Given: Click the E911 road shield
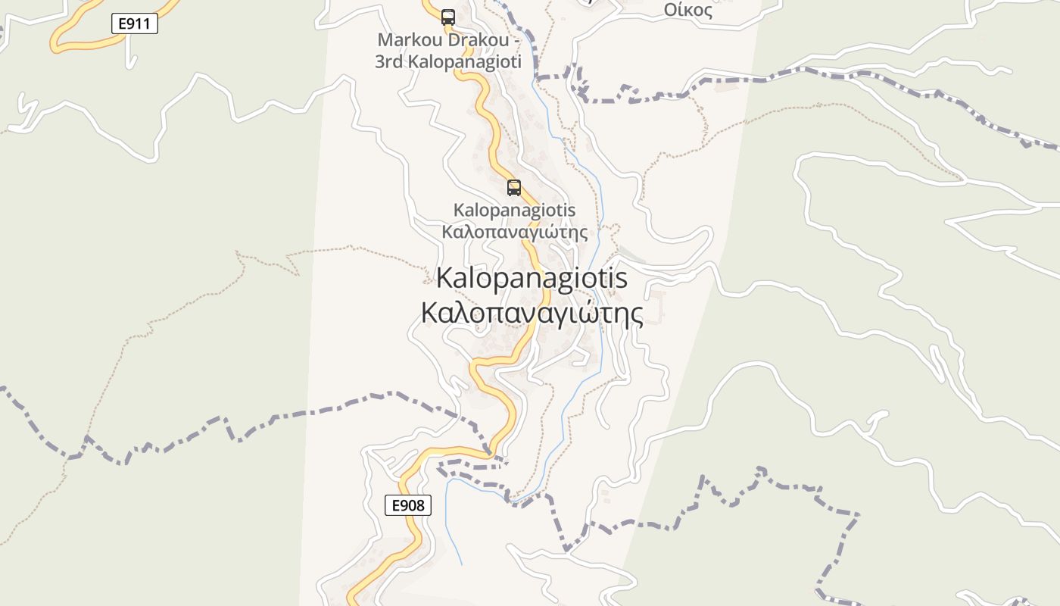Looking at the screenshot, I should (x=136, y=24).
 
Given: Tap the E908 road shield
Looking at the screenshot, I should (x=408, y=505).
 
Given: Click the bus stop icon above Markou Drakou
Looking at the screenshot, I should (x=448, y=17).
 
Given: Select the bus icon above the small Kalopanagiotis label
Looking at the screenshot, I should (x=514, y=187).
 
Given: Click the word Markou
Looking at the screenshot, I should (x=409, y=39).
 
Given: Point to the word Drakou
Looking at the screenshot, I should (x=476, y=39).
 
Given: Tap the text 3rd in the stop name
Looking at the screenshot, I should (x=389, y=62).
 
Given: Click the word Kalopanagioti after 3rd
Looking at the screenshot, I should (x=465, y=62).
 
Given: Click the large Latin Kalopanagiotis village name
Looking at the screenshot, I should (x=532, y=278).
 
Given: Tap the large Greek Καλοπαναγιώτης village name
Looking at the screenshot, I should (x=532, y=313).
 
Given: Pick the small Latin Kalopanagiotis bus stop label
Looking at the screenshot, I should (x=514, y=210).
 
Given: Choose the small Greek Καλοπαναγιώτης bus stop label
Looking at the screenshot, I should (x=514, y=231).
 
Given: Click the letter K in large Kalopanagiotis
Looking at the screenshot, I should (x=445, y=278).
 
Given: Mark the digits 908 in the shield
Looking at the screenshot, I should (x=413, y=505).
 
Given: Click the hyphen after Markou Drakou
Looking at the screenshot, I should (x=516, y=39).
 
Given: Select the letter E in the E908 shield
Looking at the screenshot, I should (x=395, y=505).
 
